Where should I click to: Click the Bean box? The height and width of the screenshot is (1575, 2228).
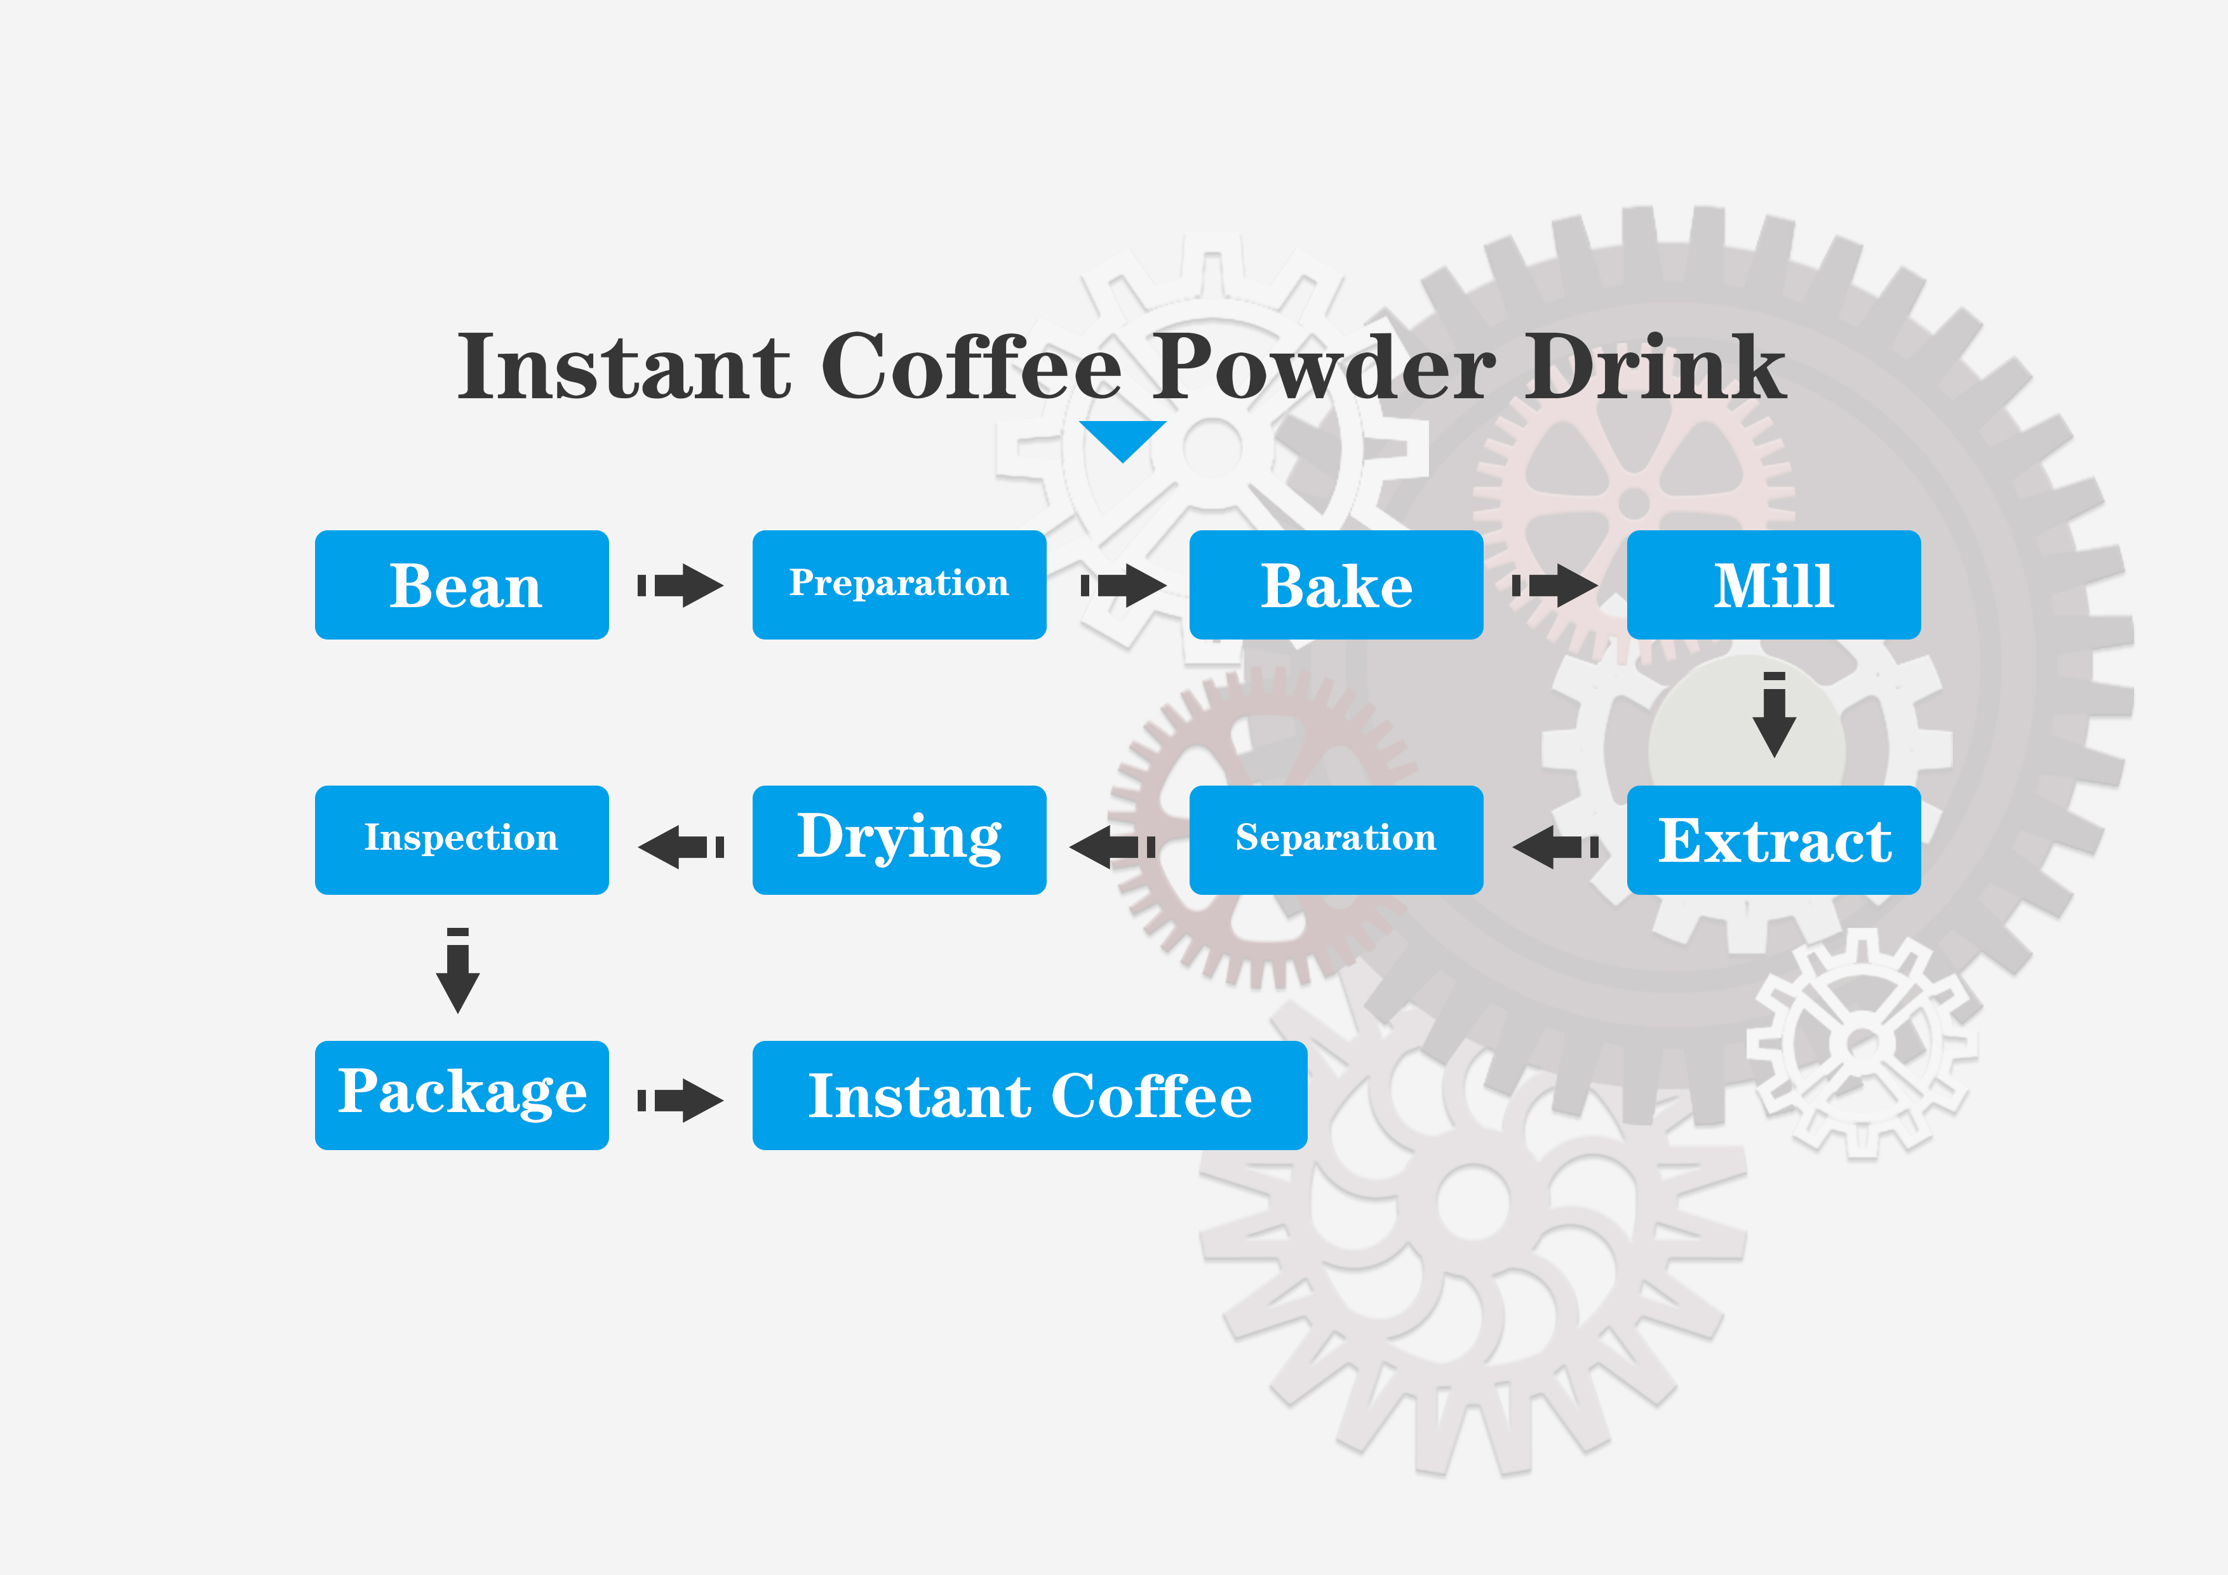point(462,585)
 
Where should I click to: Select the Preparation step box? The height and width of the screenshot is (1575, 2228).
point(899,585)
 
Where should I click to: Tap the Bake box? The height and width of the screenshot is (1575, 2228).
point(1336,585)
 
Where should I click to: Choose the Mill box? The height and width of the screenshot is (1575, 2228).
point(1774,585)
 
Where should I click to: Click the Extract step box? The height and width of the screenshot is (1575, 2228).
point(1774,840)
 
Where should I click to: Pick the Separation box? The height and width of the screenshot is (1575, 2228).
point(1336,840)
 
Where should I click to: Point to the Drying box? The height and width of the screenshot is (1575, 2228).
point(899,840)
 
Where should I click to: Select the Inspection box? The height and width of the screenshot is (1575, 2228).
point(462,840)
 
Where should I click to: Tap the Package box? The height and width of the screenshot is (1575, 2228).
point(462,1096)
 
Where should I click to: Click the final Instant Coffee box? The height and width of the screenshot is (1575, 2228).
point(1030,1096)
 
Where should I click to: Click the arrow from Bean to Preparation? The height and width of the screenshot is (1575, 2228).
point(680,585)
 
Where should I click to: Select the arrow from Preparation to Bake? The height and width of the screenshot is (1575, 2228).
point(1124,585)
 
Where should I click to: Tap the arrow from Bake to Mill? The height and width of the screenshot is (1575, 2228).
point(1555,585)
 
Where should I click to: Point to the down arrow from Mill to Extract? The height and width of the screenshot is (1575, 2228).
point(1774,715)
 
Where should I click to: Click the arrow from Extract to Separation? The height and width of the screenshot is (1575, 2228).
point(1555,847)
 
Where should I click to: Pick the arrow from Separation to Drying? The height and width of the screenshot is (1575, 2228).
point(1112,847)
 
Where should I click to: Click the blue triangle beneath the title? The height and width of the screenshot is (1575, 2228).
point(1123,439)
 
